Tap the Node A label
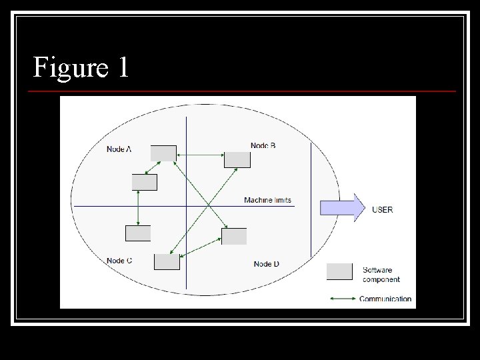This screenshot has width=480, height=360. point(119,149)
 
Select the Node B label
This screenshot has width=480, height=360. point(263,145)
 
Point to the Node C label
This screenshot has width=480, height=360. point(119,261)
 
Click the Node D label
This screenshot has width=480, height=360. point(266,264)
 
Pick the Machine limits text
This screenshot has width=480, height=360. point(267,200)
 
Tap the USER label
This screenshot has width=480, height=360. point(382,209)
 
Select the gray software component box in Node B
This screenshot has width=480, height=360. point(237,160)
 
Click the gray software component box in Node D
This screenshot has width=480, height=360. point(234,236)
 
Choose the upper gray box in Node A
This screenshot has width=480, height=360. point(163,153)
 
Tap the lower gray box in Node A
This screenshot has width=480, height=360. point(145,182)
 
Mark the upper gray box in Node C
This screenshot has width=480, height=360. point(138,233)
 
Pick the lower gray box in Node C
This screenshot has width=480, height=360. point(167,262)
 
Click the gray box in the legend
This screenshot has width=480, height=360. point(339,271)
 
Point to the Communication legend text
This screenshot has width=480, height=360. point(385,299)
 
